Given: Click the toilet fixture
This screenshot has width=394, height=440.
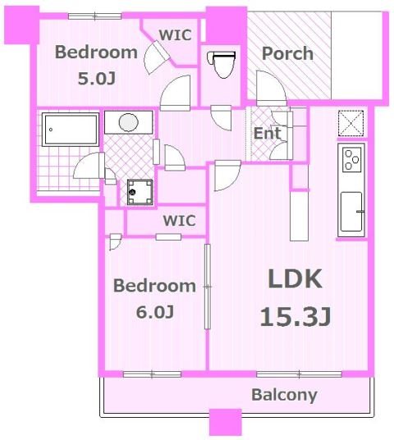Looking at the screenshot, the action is click(222, 64).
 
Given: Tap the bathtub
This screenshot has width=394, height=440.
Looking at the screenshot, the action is click(71, 130).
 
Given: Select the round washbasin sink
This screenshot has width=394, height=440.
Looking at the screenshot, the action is click(129, 122).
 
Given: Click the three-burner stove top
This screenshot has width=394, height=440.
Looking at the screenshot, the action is click(352, 159).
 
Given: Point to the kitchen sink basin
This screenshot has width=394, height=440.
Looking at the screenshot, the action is click(351, 212).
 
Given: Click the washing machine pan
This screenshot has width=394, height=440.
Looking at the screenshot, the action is click(140, 192).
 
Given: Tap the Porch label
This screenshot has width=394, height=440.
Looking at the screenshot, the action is click(287, 53).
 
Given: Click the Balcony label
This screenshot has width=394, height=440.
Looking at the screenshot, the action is click(284, 395).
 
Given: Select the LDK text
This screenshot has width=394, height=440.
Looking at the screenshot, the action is click(295, 278).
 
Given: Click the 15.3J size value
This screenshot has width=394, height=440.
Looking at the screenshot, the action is click(295, 317).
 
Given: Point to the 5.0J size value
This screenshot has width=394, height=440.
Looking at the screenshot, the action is click(97, 78).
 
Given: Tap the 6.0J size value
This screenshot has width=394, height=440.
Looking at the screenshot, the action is click(155, 312).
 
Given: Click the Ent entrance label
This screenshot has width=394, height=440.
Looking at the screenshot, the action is click(267, 133).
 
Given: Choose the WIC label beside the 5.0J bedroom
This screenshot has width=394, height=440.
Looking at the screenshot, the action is click(176, 35).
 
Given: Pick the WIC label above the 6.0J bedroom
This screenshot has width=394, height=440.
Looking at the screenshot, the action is click(179, 221).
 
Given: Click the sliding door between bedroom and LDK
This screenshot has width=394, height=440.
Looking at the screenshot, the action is click(208, 286).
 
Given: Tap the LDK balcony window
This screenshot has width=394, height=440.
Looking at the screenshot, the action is click(299, 374).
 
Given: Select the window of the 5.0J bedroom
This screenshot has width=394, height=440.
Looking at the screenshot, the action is click(95, 16).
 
